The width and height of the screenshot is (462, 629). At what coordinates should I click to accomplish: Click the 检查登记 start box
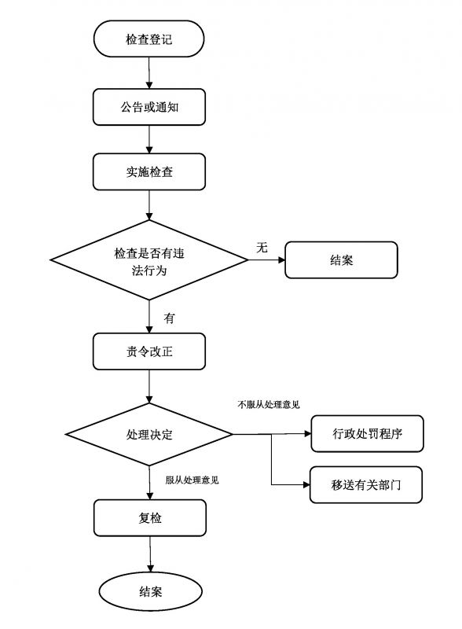(x=149, y=39)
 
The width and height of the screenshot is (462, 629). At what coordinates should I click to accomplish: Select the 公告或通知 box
(x=149, y=106)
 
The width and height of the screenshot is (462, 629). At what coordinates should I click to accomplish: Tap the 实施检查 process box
(x=149, y=171)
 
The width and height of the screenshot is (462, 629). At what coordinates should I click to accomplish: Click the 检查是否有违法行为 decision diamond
(x=149, y=260)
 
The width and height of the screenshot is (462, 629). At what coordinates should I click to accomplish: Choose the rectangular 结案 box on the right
(x=341, y=260)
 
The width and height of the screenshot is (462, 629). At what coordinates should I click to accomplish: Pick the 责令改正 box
(x=149, y=351)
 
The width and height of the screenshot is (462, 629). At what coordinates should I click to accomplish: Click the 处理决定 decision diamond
(x=149, y=434)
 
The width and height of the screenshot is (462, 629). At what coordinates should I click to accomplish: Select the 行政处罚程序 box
(x=367, y=434)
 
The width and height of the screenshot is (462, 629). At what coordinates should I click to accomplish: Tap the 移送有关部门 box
(x=367, y=484)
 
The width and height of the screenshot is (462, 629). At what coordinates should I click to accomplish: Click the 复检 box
(x=149, y=518)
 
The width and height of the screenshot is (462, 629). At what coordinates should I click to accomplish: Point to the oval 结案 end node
(x=150, y=591)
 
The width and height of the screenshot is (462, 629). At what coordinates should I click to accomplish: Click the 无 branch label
(x=262, y=247)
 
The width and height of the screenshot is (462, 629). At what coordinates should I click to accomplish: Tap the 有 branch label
(x=169, y=318)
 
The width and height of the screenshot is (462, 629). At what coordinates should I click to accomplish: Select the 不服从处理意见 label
(x=268, y=405)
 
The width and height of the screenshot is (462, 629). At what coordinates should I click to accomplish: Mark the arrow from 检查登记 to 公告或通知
(x=149, y=73)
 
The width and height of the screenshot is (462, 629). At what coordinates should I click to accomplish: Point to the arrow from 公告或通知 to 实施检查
(x=149, y=139)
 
